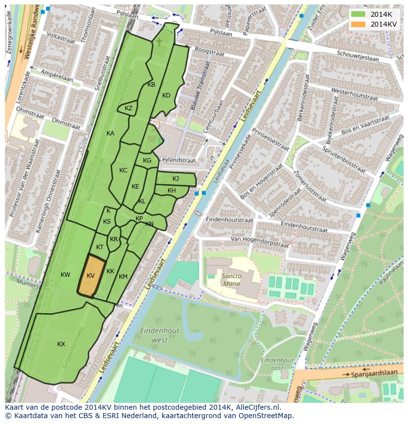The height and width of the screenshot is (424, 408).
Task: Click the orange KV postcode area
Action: tap(92, 276)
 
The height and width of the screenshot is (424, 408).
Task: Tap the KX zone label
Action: tap(61, 344)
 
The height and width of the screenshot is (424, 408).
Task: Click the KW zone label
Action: tap(66, 274)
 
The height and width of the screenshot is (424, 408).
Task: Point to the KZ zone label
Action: tap(129, 108)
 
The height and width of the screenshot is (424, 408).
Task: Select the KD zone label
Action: tap(166, 96)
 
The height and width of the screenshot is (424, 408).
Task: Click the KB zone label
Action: tap(151, 85)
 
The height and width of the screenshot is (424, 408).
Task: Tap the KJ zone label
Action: tap(175, 179)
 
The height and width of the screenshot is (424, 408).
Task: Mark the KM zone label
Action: tap(123, 277)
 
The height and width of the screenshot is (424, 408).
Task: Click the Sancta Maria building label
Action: tap(231, 280)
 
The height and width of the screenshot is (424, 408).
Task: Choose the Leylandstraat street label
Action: tap(177, 161)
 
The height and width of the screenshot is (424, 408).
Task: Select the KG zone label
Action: tap(147, 161)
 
